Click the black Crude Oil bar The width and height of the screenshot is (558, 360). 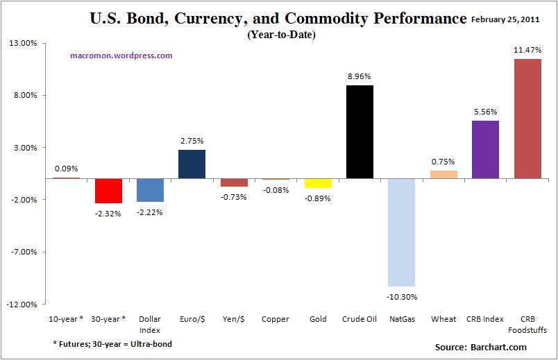click(x=360, y=132)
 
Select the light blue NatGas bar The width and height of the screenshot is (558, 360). click(x=401, y=232)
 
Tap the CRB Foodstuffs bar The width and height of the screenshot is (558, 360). click(x=527, y=119)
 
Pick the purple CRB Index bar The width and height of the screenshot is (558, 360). click(x=485, y=149)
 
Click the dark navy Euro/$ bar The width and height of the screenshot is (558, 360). click(x=192, y=164)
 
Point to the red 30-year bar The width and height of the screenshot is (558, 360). click(x=108, y=191)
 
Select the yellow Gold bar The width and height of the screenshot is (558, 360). click(x=318, y=183)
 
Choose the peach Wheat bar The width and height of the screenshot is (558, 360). click(x=443, y=175)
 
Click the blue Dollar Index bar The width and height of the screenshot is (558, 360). click(x=150, y=190)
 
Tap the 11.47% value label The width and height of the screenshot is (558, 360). click(x=527, y=50)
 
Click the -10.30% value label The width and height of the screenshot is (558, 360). click(x=401, y=296)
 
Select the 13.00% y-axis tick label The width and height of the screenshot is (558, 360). click(x=24, y=44)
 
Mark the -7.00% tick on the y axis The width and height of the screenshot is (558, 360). click(x=24, y=252)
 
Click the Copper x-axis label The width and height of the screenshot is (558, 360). click(x=276, y=319)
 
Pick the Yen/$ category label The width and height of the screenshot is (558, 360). click(x=234, y=319)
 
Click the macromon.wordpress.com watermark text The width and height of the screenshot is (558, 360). click(x=121, y=55)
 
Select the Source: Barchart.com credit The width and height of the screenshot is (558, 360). click(x=481, y=347)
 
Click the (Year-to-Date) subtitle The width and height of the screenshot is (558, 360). click(x=281, y=35)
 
